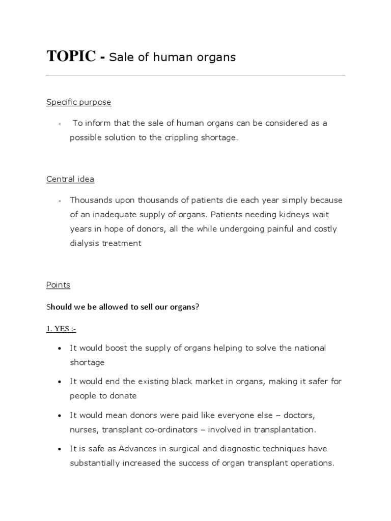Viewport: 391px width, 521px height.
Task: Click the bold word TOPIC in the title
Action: (70, 56)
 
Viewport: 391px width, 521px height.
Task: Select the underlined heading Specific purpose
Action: (78, 102)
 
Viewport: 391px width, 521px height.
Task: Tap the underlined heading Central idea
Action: (70, 179)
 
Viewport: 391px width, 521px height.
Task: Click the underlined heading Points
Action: (58, 285)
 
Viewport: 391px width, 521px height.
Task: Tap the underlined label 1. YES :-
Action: (61, 329)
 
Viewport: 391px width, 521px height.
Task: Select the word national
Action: (309, 348)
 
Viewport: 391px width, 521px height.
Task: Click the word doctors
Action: (298, 415)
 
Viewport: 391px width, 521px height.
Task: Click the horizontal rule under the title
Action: (195, 76)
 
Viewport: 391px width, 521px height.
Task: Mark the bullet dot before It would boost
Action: (60, 349)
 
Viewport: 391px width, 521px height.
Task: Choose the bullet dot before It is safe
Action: (60, 449)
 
